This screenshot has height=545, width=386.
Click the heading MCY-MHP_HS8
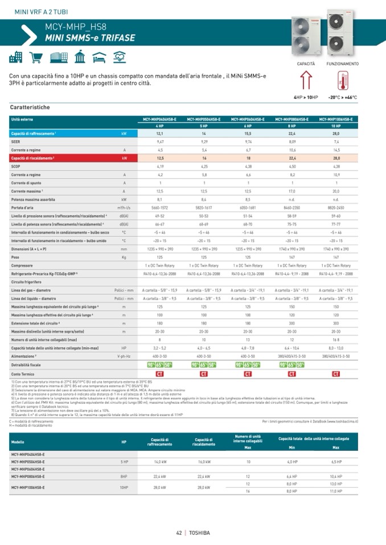pyautogui.click(x=75, y=27)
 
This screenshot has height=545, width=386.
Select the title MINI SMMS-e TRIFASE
pyautogui.click(x=90, y=38)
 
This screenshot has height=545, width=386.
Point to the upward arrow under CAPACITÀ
pyautogui.click(x=306, y=80)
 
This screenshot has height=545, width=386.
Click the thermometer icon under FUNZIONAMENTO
pyautogui.click(x=342, y=80)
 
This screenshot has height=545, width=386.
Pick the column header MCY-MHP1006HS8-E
pyautogui.click(x=336, y=119)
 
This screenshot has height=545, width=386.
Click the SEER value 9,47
pyautogui.click(x=160, y=140)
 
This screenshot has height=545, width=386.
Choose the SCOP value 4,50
pyautogui.click(x=292, y=167)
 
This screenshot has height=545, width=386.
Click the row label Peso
pyautogui.click(x=15, y=257)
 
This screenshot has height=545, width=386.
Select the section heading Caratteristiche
pyautogui.click(x=30, y=107)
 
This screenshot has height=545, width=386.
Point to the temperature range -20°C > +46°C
pyautogui.click(x=342, y=97)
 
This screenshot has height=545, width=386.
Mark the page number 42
pyautogui.click(x=179, y=532)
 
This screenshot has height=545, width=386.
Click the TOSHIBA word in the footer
pyautogui.click(x=199, y=532)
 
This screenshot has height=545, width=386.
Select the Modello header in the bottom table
pyautogui.click(x=18, y=442)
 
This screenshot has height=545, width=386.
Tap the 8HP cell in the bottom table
pyautogui.click(x=124, y=477)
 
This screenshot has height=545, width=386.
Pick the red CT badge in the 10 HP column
pyautogui.click(x=336, y=374)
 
